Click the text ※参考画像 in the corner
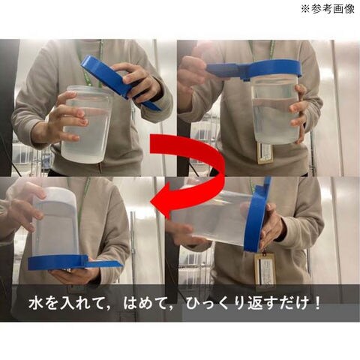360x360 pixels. click(x=328, y=9)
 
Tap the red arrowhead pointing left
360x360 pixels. click(x=163, y=200)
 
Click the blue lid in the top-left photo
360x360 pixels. click(x=120, y=82)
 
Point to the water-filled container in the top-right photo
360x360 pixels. click(x=275, y=110)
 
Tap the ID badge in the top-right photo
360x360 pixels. click(x=265, y=153)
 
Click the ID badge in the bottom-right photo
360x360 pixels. click(x=265, y=269)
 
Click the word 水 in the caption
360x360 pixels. click(x=35, y=303)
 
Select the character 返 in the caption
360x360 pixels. click(x=254, y=303)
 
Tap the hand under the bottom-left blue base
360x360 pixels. click(x=75, y=275)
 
